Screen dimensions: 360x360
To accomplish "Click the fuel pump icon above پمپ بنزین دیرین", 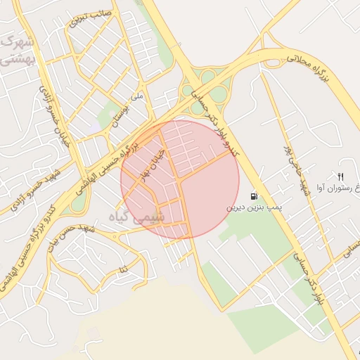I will [254, 197].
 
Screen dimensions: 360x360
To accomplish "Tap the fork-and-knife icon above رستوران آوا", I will [341, 176].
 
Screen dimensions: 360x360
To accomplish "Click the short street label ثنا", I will [124, 269].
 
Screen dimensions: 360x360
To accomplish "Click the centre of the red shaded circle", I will [179, 179].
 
